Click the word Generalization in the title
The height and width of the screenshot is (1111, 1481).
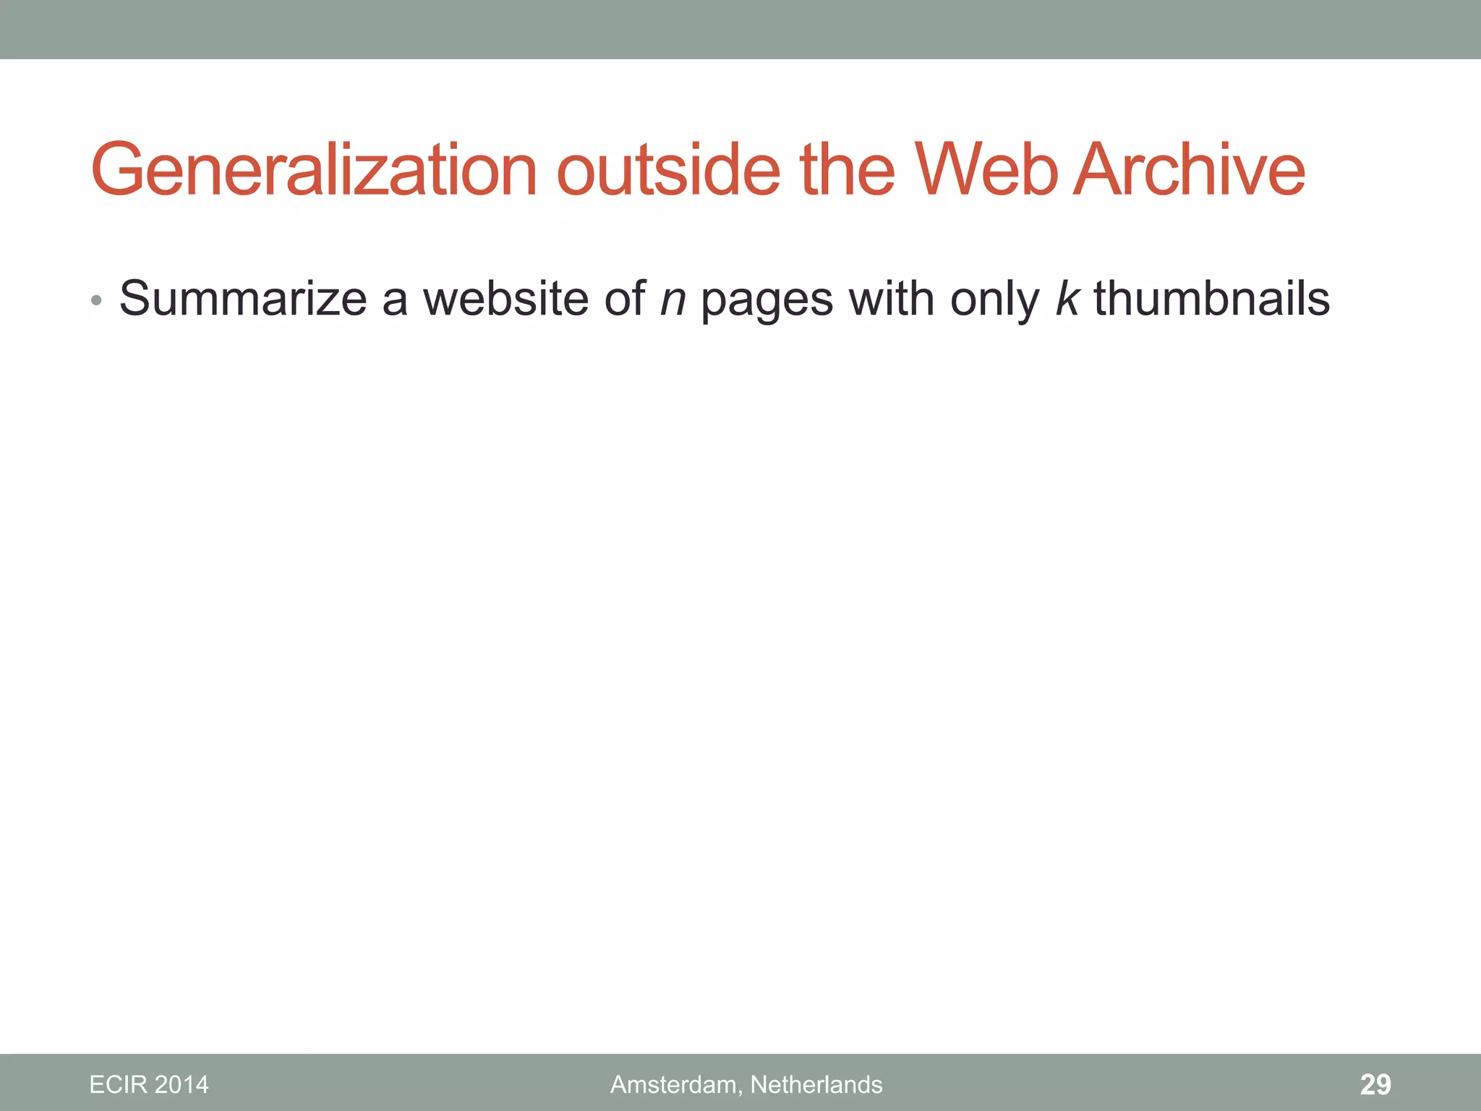coord(314,171)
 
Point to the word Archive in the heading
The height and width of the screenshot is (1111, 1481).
coord(1190,171)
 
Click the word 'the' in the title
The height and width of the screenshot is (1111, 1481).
coord(848,171)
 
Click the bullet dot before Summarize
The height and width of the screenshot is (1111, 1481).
coord(97,300)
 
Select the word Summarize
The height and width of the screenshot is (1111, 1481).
coord(243,299)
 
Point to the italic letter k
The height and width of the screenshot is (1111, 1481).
coord(1067,299)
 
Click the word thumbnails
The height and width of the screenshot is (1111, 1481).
coord(1211,299)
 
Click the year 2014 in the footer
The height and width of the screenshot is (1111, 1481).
coord(182,1085)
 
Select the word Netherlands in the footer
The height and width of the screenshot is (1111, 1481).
coord(816,1085)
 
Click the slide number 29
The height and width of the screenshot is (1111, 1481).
coord(1375,1085)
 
